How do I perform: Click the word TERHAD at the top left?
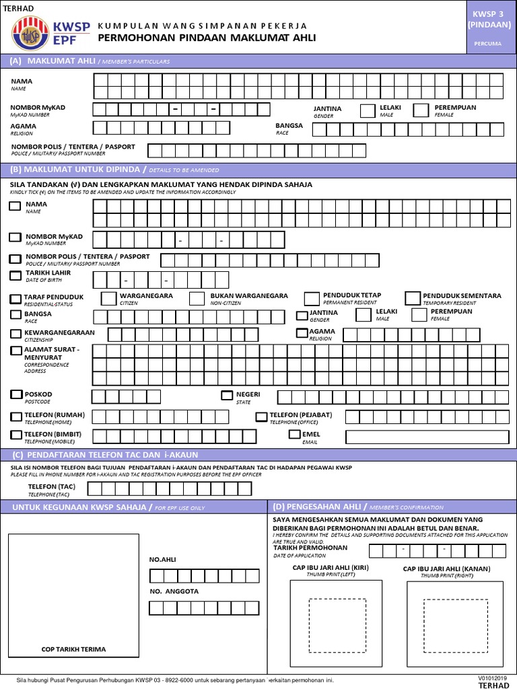pyautogui.click(x=19, y=7)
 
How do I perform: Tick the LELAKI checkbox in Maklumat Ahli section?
pyautogui.click(x=368, y=110)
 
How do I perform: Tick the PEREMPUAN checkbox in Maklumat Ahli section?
pyautogui.click(x=421, y=110)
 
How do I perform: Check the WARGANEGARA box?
pyautogui.click(x=108, y=298)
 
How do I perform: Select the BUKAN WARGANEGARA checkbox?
pyautogui.click(x=197, y=298)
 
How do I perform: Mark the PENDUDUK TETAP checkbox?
pyautogui.click(x=312, y=298)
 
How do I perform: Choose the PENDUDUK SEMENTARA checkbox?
pyautogui.click(x=412, y=298)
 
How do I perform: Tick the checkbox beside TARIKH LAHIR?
pyautogui.click(x=15, y=275)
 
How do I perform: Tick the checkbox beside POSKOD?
pyautogui.click(x=15, y=394)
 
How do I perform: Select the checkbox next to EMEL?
pyautogui.click(x=294, y=435)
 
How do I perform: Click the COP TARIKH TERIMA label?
pyautogui.click(x=73, y=649)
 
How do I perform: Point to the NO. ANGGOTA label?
pyautogui.click(x=174, y=591)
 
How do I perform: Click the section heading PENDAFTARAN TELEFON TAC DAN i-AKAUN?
pyautogui.click(x=98, y=456)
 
